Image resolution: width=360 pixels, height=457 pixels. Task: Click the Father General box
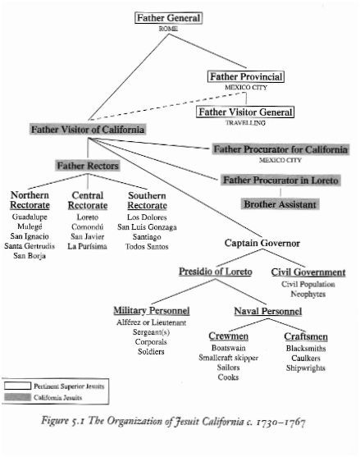168,18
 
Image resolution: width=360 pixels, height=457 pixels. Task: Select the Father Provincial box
246,76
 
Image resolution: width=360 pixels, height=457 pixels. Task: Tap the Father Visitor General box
245,112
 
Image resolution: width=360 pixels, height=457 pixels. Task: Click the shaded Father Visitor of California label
88,130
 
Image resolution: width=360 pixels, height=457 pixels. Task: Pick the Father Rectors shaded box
88,166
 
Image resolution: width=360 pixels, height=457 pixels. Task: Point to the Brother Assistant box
280,204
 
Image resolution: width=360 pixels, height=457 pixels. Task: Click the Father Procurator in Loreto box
280,181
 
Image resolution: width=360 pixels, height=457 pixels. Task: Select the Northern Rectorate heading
30,200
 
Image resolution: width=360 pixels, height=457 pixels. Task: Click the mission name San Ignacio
30,236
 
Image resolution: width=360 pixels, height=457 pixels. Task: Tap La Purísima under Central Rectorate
88,246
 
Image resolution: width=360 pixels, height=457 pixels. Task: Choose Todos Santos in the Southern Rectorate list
147,247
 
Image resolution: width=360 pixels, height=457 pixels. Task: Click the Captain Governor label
262,243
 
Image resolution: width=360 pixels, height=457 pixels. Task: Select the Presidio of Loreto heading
216,272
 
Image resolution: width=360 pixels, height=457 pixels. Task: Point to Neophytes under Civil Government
308,294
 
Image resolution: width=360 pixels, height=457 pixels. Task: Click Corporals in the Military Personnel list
151,342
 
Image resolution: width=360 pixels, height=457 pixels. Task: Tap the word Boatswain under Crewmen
229,348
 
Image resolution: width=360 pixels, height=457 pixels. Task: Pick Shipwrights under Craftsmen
306,368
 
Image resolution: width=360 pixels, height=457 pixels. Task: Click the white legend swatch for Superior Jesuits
17,386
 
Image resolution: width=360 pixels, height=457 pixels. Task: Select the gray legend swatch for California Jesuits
17,397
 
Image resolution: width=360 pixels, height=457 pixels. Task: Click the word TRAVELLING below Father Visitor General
245,123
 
